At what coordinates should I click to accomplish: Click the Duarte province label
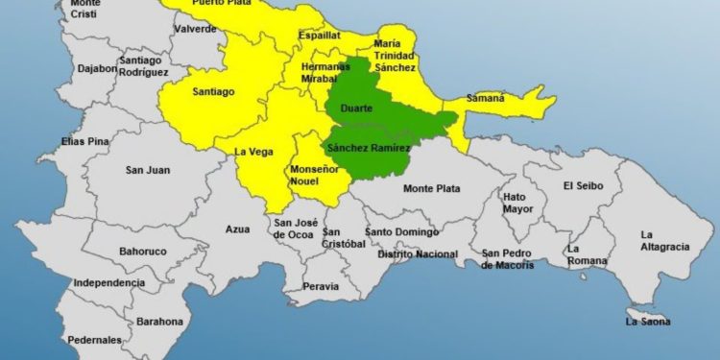pos(356,109)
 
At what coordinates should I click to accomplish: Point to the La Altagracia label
pos(664,241)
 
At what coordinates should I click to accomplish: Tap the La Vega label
pos(254,151)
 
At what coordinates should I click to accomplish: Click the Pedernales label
pos(95,339)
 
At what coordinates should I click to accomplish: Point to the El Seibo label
pos(583,185)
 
